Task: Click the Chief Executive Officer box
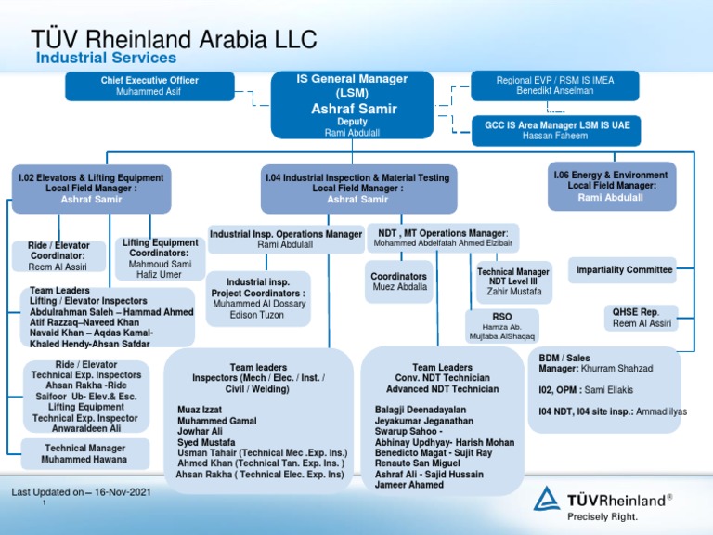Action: point(149,86)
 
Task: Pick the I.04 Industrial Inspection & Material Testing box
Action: point(356,189)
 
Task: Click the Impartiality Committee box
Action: point(624,270)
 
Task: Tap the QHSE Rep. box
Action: point(642,318)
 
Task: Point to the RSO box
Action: point(502,324)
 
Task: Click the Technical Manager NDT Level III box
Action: point(513,281)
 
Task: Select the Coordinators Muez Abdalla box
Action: point(399,281)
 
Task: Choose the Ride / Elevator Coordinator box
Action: point(58,256)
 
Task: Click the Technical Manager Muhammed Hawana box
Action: point(85,453)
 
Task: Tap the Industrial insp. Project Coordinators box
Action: point(259,296)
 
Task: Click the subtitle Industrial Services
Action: point(106,59)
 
